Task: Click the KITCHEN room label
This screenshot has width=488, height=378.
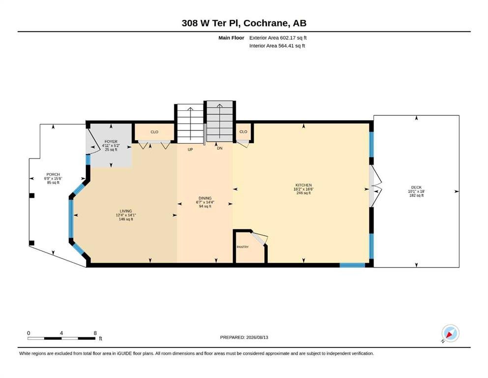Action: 303,185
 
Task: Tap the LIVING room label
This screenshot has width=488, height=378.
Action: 126,211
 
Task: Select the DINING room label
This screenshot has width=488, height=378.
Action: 205,198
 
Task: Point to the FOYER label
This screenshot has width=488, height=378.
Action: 111,141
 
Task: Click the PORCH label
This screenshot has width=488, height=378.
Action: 53,175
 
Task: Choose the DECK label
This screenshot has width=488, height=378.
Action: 416,188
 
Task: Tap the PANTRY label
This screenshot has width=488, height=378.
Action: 243,247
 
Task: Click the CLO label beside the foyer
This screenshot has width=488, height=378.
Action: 154,132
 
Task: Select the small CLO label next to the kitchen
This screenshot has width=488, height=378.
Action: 243,131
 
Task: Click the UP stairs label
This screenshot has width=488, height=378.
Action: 190,150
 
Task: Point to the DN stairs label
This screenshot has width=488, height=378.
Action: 220,148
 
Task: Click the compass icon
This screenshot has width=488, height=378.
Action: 450,333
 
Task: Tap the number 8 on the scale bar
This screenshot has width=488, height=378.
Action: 95,333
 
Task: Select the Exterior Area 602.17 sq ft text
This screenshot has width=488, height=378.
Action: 278,38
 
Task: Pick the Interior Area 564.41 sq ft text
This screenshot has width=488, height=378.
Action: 277,46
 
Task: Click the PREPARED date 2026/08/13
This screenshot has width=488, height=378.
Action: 257,337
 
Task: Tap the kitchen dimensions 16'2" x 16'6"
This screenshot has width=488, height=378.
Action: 303,189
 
